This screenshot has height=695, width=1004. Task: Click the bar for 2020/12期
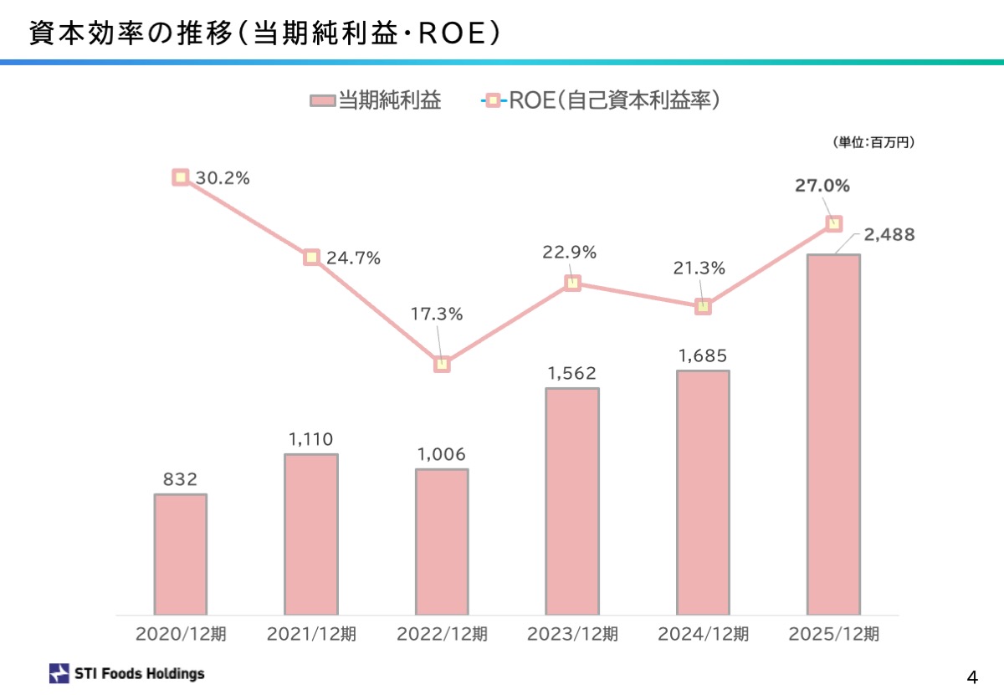coord(180,554)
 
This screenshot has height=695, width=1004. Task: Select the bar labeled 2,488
coord(833,435)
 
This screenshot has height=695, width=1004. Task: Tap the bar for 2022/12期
coord(442,542)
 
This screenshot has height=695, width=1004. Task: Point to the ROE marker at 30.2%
coord(181,177)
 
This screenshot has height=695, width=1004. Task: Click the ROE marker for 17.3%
coord(442,364)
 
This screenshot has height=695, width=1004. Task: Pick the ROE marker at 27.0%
coord(833,223)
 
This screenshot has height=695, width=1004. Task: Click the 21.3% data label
coord(699,268)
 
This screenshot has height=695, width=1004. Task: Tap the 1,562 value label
coord(572,373)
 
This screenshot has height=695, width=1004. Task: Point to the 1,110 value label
coord(310,439)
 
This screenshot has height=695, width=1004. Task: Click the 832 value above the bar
coord(180,479)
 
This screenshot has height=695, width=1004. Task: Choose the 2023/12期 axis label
coord(572,635)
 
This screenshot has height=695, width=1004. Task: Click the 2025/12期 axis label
coord(833,635)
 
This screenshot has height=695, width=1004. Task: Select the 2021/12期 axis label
coord(311,635)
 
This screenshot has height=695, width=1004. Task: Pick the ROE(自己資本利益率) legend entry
coord(602,101)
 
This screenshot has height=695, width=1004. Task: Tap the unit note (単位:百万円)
coord(873,143)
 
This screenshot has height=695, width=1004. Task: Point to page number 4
coord(971,676)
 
